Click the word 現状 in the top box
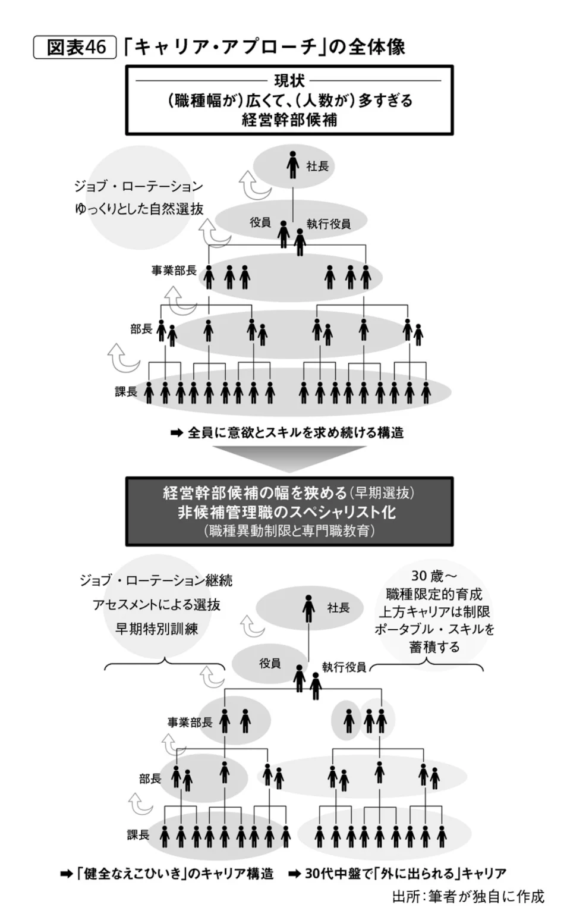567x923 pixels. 289,80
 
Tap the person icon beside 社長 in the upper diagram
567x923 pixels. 292,165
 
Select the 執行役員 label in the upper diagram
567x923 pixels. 329,224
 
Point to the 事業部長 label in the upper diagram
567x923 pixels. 174,271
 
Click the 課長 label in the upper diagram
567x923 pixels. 126,391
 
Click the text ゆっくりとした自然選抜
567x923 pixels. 139,209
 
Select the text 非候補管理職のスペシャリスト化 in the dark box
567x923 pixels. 286,512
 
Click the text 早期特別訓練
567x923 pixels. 156,629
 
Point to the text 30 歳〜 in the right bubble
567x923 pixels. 434,576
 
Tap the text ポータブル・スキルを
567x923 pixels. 434,629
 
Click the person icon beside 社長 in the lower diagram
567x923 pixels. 308,608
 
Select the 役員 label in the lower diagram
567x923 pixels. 270,663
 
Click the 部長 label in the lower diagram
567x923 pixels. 150,778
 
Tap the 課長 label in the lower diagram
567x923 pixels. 138,835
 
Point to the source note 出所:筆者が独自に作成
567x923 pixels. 468,896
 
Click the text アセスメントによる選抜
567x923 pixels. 156,605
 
